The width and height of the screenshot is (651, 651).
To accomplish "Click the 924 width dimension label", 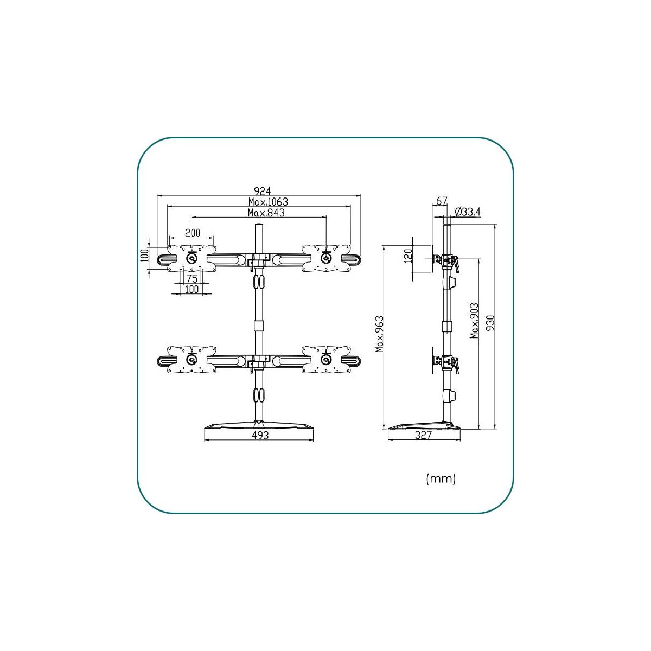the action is click(x=263, y=191).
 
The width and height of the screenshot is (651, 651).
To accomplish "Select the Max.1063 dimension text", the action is click(x=268, y=202).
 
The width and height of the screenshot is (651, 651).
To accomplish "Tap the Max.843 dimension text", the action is click(x=266, y=213).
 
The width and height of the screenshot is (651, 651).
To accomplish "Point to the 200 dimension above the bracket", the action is click(x=192, y=233).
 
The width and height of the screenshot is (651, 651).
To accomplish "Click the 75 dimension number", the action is click(x=192, y=279).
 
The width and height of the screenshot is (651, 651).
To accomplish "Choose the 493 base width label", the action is click(x=260, y=436).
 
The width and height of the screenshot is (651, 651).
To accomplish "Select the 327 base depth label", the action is click(x=423, y=435).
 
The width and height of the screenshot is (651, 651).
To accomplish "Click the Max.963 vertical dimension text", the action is click(x=380, y=334).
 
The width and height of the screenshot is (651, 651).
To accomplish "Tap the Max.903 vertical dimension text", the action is click(x=474, y=320).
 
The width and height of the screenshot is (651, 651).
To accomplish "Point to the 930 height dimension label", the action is click(x=490, y=323).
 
